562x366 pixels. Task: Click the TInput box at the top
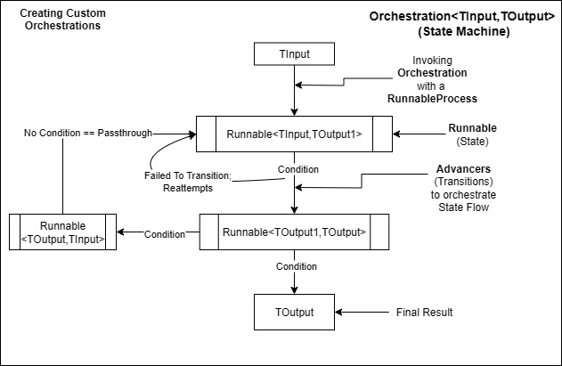pyautogui.click(x=294, y=54)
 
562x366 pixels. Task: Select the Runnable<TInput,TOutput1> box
pyautogui.click(x=294, y=134)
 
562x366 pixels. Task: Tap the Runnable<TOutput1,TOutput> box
pyautogui.click(x=294, y=233)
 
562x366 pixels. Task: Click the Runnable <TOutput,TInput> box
pyautogui.click(x=62, y=231)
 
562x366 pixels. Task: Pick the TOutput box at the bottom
pyautogui.click(x=294, y=313)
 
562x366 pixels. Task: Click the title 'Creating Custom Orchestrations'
pyautogui.click(x=60, y=20)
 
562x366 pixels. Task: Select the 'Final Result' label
pyautogui.click(x=424, y=313)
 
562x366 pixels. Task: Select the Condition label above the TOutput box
pyautogui.click(x=295, y=265)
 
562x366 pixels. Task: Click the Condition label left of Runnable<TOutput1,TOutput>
pyautogui.click(x=166, y=234)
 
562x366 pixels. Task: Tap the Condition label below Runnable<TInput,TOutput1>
pyautogui.click(x=297, y=168)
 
